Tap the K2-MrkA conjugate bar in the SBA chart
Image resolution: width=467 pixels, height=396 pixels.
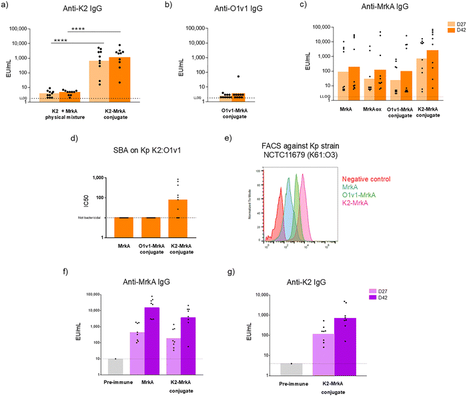[179, 218]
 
